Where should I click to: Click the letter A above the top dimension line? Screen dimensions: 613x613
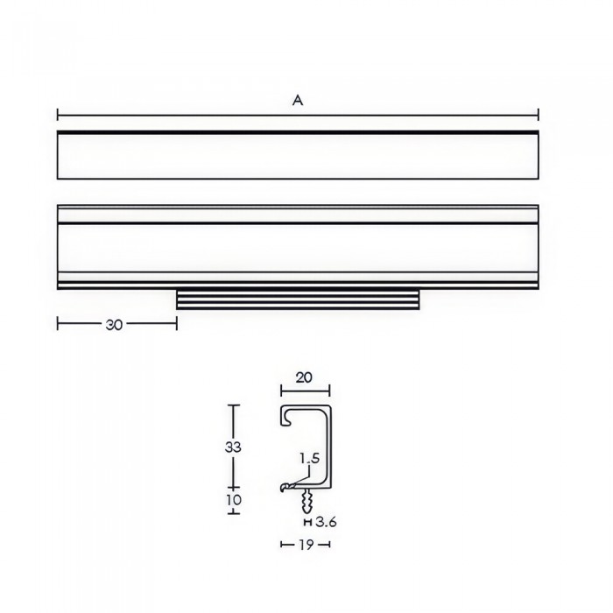tap(298, 101)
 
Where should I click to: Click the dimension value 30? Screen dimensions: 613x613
tap(114, 325)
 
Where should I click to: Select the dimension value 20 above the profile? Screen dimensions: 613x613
tap(304, 377)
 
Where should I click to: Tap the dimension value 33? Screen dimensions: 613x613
tap(233, 447)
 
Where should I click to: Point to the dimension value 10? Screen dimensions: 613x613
tap(234, 500)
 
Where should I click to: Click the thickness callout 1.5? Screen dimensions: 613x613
tap(310, 458)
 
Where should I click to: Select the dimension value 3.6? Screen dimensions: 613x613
tap(326, 522)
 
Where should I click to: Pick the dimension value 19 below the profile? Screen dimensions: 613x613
tap(306, 544)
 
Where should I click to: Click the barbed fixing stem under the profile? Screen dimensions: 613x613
tap(307, 501)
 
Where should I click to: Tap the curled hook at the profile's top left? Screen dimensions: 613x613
tap(285, 417)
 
